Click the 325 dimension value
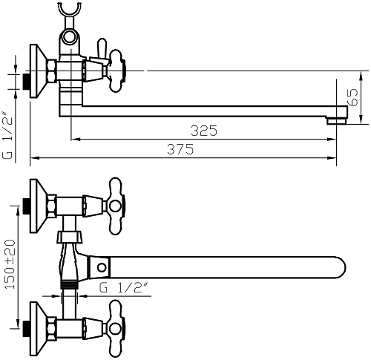coord(204,131)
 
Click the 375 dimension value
coord(180,149)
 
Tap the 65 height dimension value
coord(353,97)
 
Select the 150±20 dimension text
coord(10,264)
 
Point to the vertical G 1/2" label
coord(7,135)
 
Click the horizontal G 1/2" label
coord(123,287)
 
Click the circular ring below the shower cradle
coord(69,37)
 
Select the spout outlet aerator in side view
coord(336,121)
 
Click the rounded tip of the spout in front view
coord(341,267)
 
